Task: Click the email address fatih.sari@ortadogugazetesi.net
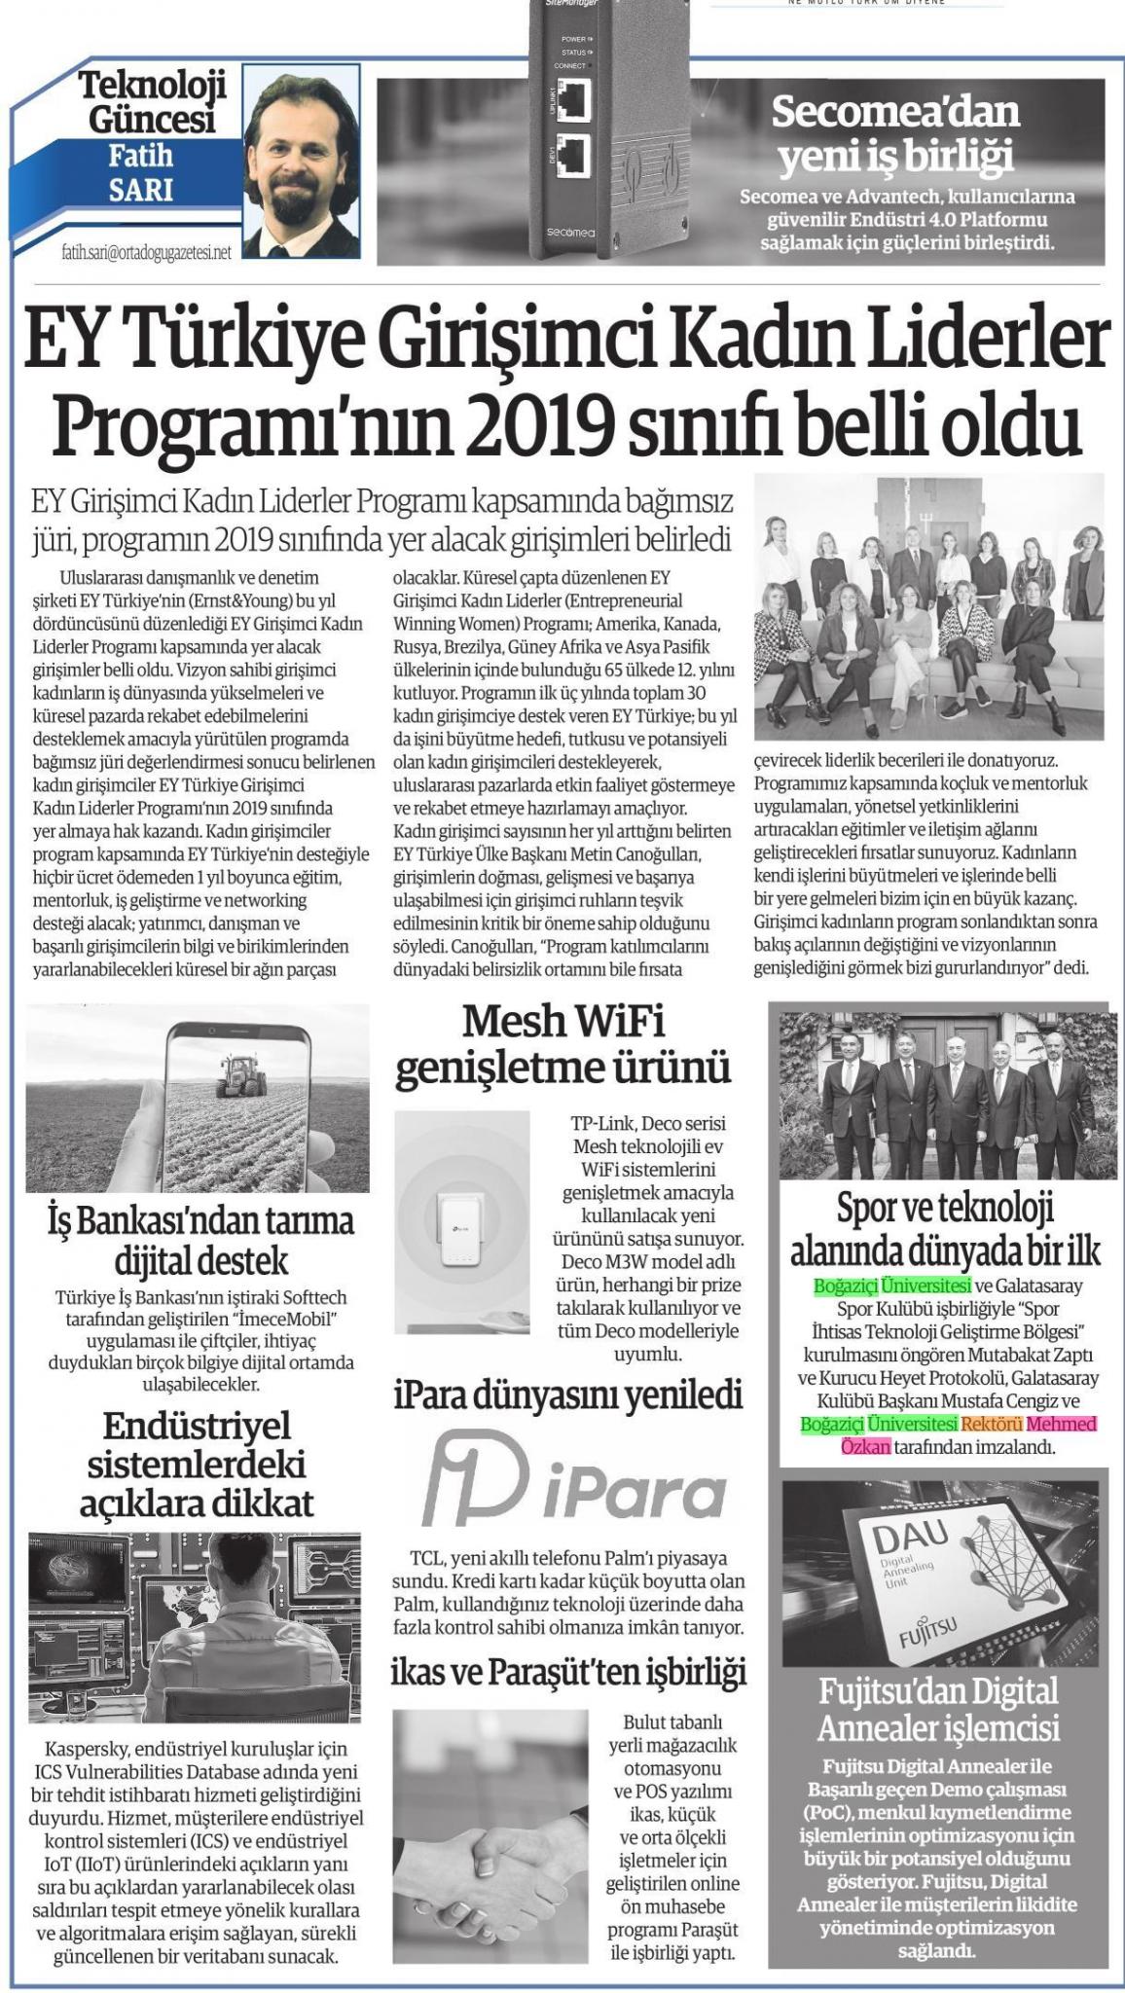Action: (x=146, y=252)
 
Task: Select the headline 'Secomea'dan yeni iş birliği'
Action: (x=894, y=132)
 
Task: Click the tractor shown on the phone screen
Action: (x=238, y=1071)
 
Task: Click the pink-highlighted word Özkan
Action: (x=865, y=1447)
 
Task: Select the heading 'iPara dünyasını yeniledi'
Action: (x=567, y=1395)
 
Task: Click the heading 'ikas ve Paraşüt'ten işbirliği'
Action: (x=567, y=1673)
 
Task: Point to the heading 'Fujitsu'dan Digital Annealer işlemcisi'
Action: (x=938, y=1709)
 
